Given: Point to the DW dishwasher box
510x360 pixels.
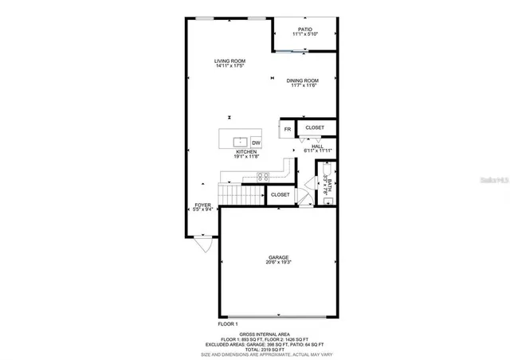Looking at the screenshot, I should [257, 143].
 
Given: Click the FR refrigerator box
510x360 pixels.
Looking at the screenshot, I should [288, 128].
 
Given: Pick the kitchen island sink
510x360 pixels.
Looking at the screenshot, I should [238, 143].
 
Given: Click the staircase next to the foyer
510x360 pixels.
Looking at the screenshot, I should [241, 194].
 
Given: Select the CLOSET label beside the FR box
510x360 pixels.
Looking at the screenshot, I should [315, 127].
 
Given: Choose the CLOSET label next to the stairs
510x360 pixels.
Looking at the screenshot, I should [280, 194].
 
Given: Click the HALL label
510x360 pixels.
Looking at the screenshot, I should [317, 147].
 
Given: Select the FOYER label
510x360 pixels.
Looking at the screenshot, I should [203, 205].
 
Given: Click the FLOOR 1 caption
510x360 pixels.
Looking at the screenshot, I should [228, 324].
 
